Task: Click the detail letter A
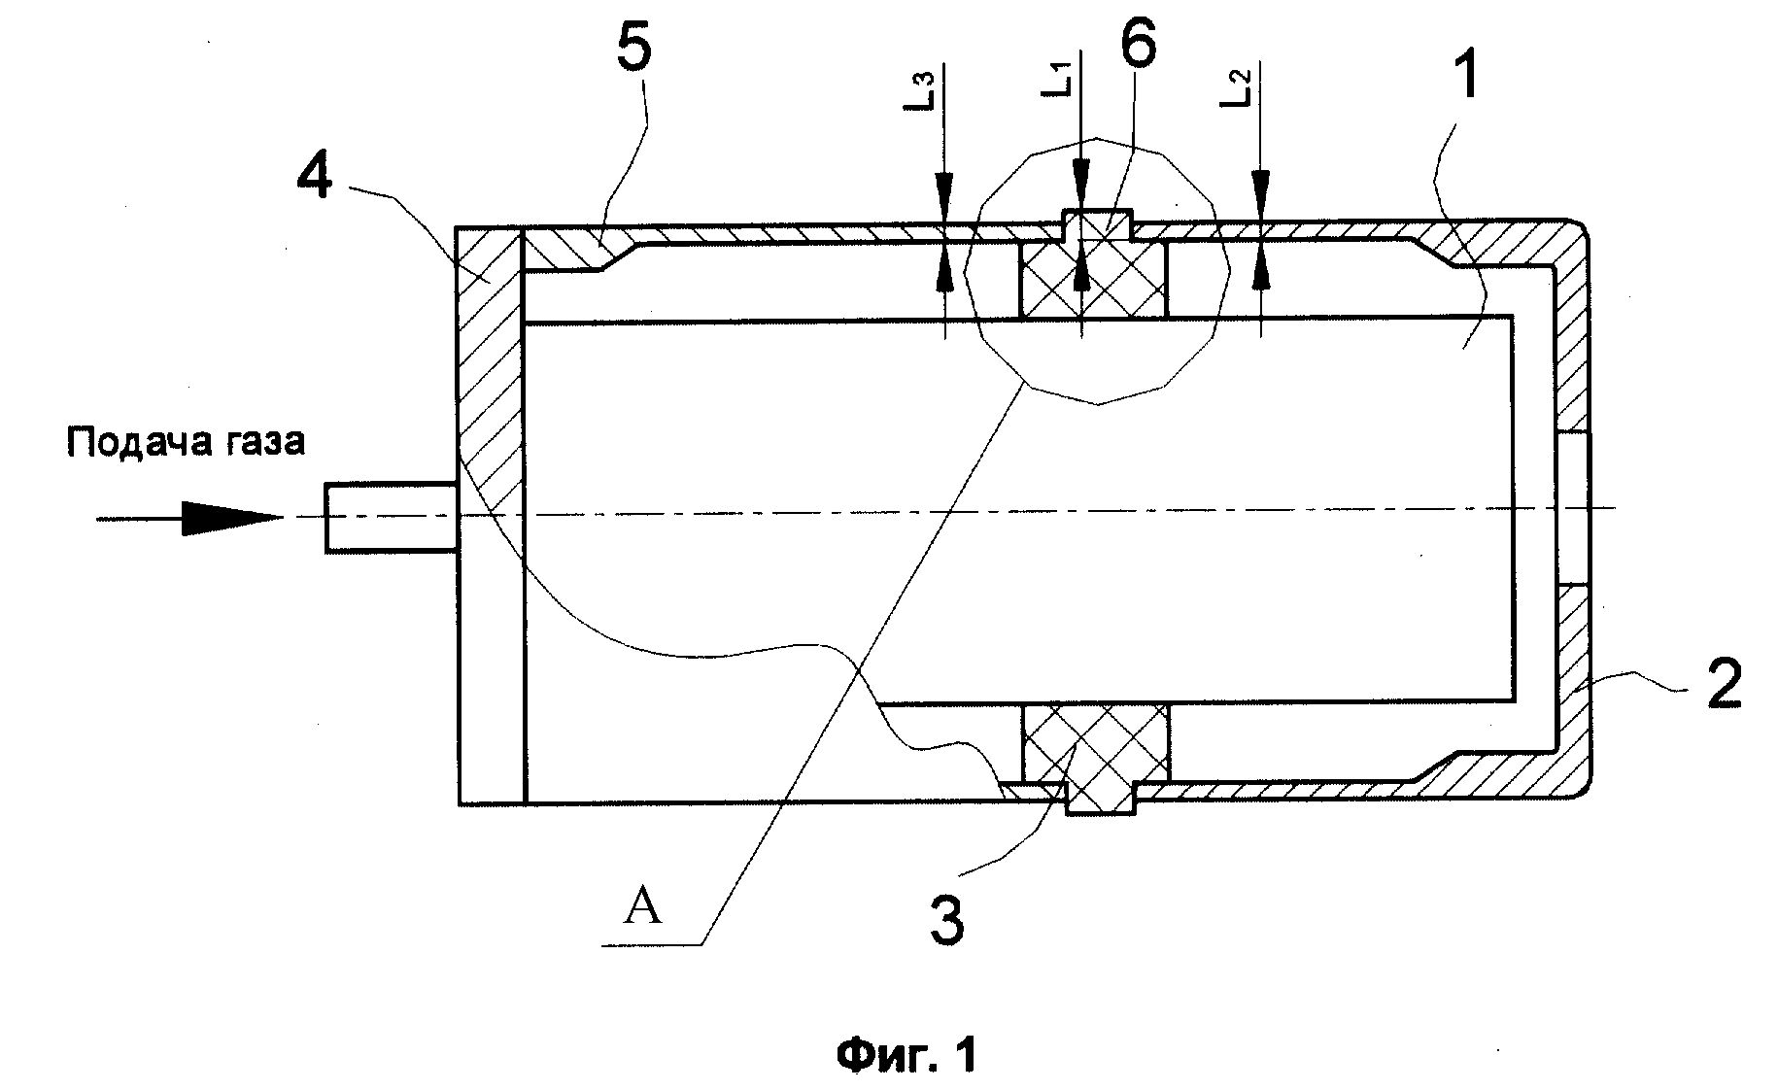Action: pyautogui.click(x=642, y=907)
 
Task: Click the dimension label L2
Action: pyautogui.click(x=1236, y=87)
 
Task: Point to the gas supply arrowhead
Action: pyautogui.click(x=233, y=517)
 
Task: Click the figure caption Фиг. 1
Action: pyautogui.click(x=906, y=1053)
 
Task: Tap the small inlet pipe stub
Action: pyautogui.click(x=391, y=518)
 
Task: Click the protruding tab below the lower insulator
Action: pyautogui.click(x=1101, y=800)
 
